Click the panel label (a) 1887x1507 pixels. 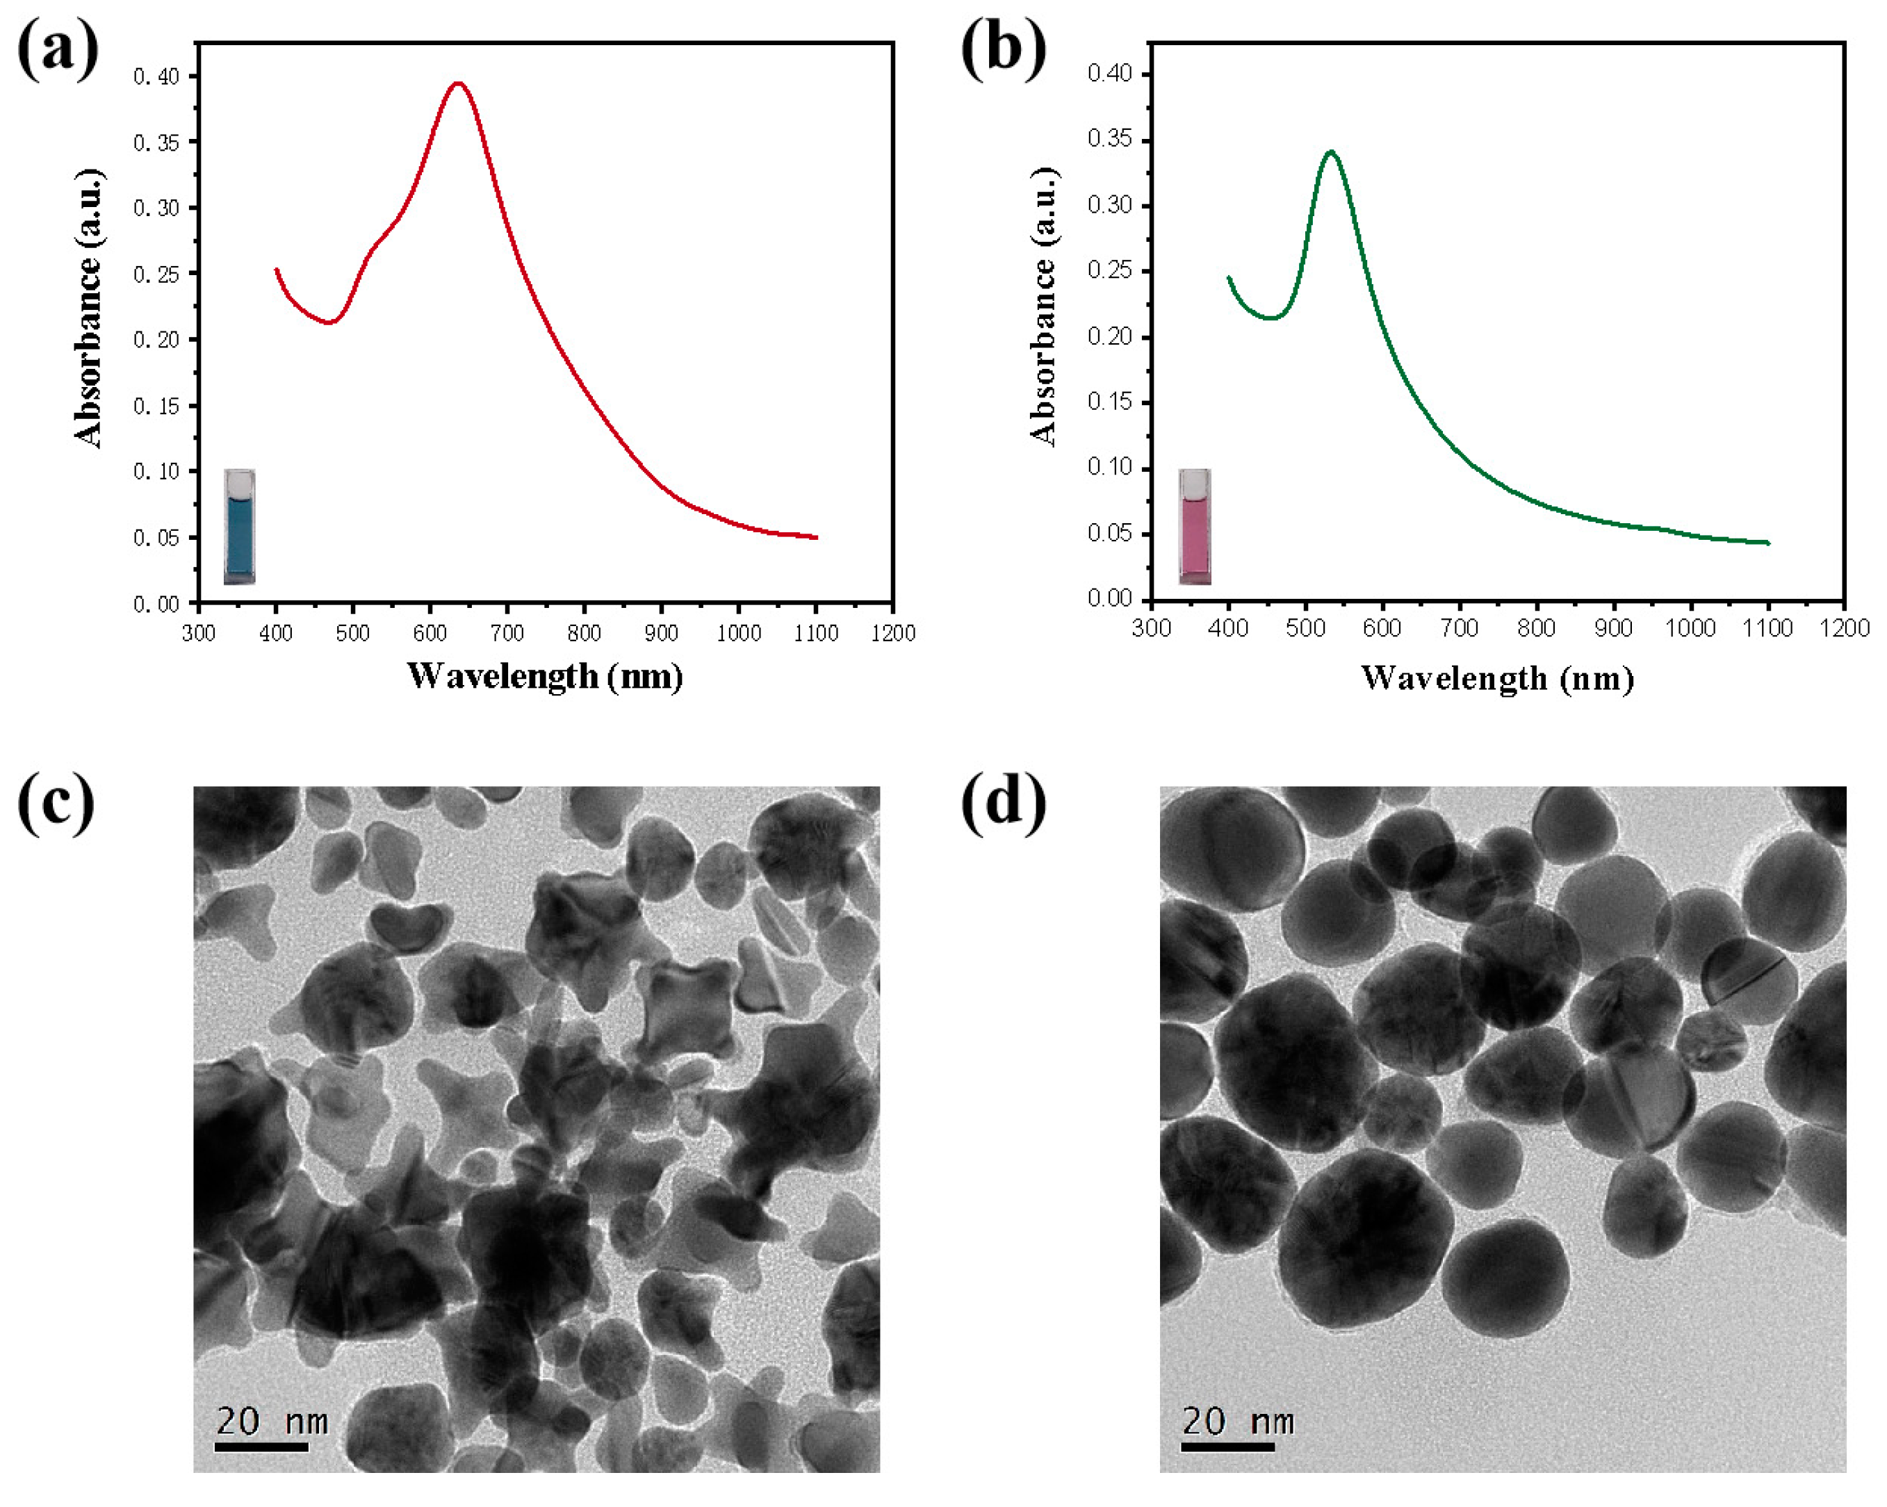58,50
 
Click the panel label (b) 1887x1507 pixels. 1003,50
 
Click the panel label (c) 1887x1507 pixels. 56,802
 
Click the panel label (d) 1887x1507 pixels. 1003,802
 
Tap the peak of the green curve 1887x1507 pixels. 1331,151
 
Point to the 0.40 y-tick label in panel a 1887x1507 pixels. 156,77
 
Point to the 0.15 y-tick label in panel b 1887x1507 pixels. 1109,402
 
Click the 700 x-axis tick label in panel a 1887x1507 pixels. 507,633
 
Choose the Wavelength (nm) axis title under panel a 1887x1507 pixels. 544,677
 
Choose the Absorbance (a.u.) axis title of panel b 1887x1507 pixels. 1043,306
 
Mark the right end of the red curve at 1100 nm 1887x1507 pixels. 816,537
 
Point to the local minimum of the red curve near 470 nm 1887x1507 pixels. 330,322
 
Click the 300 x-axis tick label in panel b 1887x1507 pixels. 1151,627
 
